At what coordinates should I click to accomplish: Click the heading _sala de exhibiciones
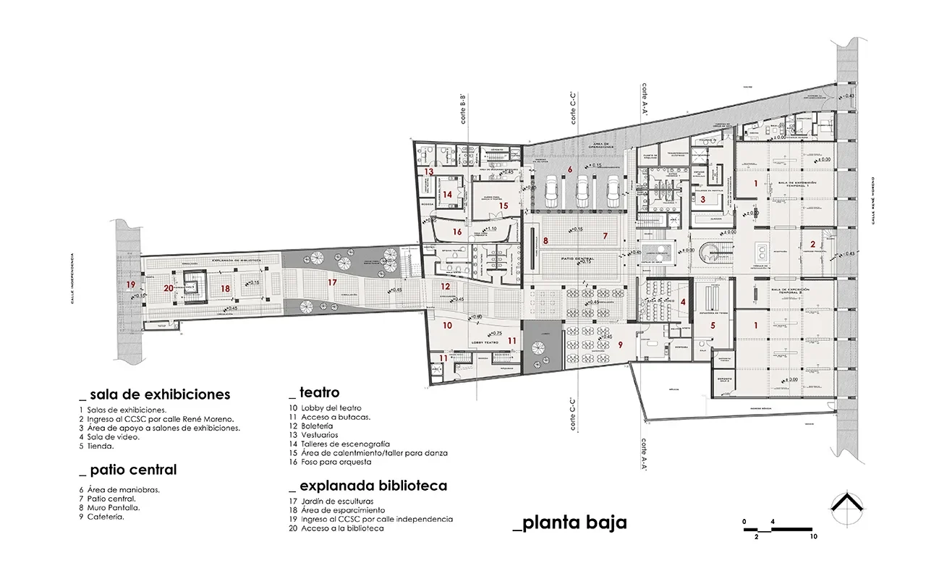tap(155, 394)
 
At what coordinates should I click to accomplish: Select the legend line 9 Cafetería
tap(105, 517)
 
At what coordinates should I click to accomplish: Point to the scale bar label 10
tap(814, 537)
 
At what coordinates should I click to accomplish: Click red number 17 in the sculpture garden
tap(332, 282)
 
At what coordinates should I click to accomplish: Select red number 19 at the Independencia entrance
tap(130, 284)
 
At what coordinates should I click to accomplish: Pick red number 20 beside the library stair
tap(169, 288)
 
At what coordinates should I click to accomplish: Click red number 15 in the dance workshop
tap(504, 206)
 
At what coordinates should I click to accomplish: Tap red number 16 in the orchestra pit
tap(456, 232)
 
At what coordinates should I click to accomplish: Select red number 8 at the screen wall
tap(545, 240)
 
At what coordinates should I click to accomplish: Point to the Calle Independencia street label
tap(73, 279)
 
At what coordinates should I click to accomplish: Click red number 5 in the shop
tap(712, 326)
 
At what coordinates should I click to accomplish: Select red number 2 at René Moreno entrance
tap(812, 244)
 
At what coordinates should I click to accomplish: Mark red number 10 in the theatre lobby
tap(447, 326)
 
